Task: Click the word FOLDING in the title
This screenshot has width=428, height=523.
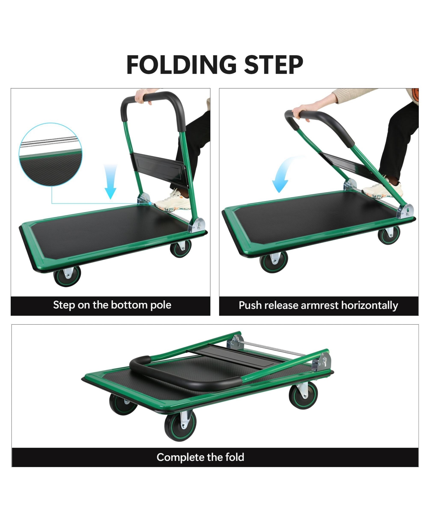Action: tap(181, 65)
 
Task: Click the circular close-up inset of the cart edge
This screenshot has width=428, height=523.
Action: tap(50, 154)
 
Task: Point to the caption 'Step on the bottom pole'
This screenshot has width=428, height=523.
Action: tap(112, 305)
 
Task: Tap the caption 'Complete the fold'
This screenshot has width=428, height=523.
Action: tap(200, 457)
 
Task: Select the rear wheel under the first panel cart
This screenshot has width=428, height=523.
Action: tap(180, 248)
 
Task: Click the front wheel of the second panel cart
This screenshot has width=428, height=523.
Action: tap(274, 262)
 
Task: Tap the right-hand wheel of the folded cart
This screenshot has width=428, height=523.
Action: tap(303, 395)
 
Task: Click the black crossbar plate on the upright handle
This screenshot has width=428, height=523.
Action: tap(159, 168)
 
